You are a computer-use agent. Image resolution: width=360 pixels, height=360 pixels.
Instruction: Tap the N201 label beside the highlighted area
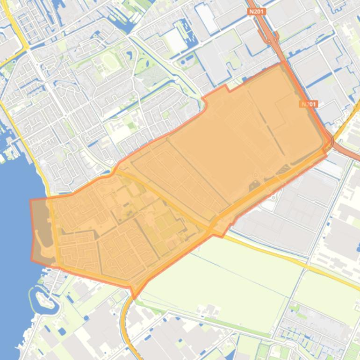point(309,104)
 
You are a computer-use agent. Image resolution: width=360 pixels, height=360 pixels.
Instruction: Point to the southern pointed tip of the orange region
point(135,297)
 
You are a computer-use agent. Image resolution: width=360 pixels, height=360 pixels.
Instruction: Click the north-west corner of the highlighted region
point(31,201)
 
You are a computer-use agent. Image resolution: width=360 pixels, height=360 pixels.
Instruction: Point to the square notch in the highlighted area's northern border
point(226,88)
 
